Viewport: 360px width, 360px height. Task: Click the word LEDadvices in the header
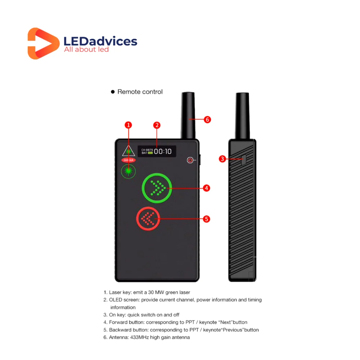click(100, 41)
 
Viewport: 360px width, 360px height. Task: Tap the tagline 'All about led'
click(86, 49)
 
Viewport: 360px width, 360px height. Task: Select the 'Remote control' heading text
click(140, 92)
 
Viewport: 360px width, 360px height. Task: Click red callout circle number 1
click(128, 125)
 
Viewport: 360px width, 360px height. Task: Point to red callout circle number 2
click(157, 125)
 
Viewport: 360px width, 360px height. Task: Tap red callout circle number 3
click(222, 158)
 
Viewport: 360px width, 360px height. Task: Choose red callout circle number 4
click(206, 188)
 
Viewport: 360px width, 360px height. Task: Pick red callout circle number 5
click(206, 219)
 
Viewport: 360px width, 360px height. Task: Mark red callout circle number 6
click(207, 120)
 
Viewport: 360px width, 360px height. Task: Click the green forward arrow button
click(157, 188)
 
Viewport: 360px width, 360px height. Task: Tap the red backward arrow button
click(149, 219)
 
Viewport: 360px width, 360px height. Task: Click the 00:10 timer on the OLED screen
click(163, 152)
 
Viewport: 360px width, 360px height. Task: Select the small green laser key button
click(128, 171)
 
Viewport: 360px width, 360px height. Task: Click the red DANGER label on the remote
click(129, 160)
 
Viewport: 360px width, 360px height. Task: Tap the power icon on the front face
click(190, 160)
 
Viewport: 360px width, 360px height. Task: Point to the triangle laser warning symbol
click(128, 151)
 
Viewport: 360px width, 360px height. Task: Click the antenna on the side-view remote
click(242, 115)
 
